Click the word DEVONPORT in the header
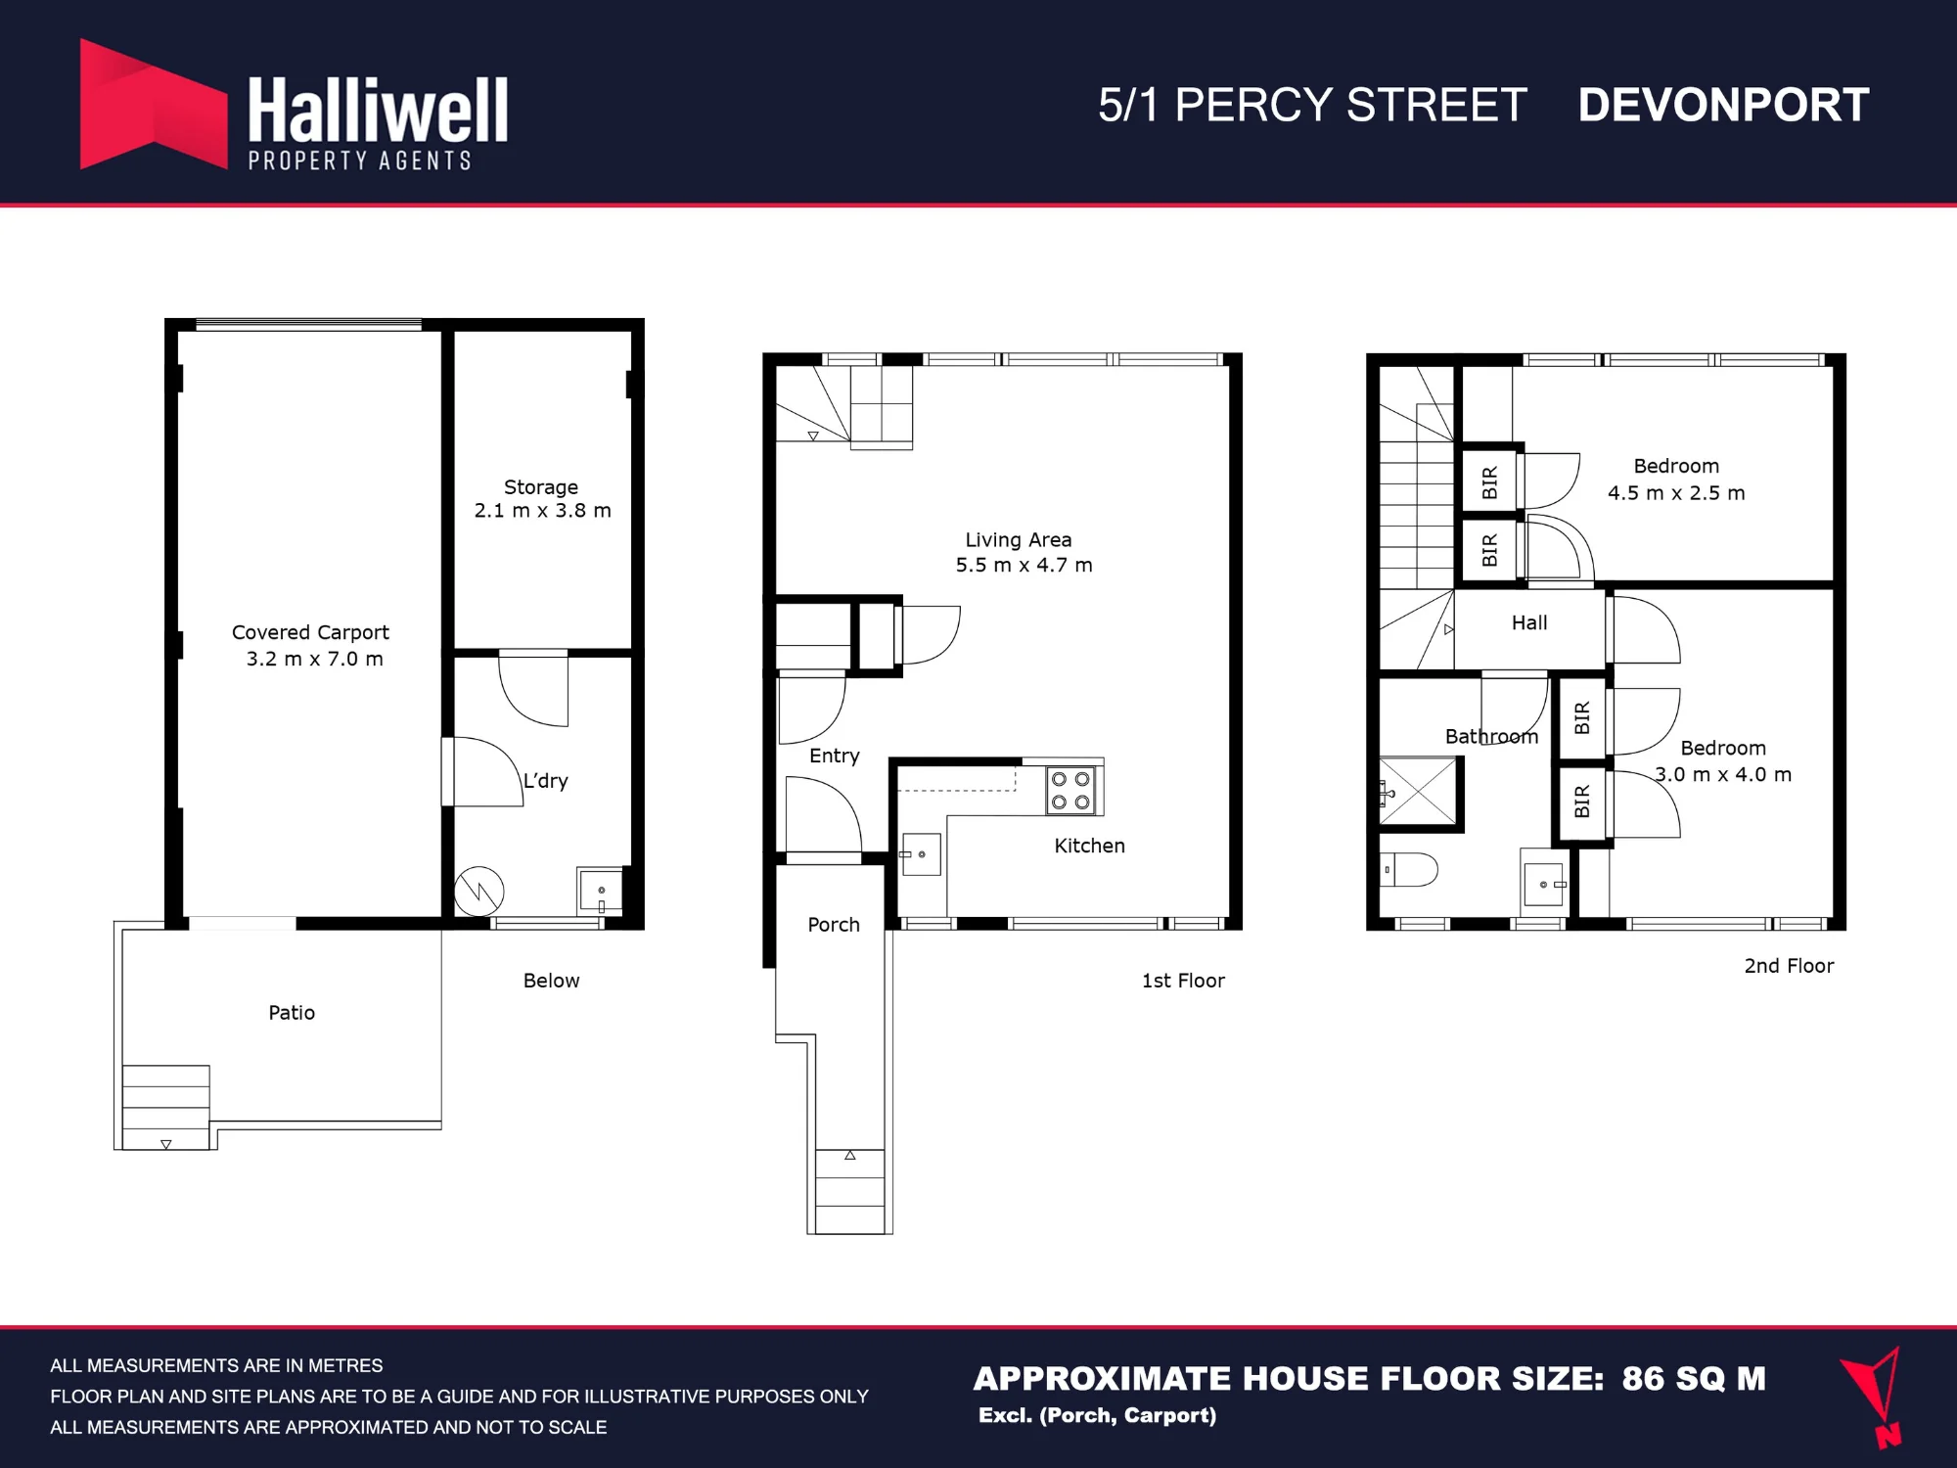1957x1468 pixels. pyautogui.click(x=1723, y=105)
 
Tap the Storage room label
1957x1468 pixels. pyautogui.click(x=542, y=498)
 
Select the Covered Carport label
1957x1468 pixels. pyautogui.click(x=311, y=645)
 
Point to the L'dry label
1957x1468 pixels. pyautogui.click(x=545, y=780)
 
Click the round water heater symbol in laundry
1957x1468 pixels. pyautogui.click(x=479, y=892)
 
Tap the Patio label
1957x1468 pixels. pyautogui.click(x=292, y=1012)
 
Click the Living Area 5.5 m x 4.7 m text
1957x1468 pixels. pyautogui.click(x=1024, y=552)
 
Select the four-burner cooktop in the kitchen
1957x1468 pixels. pyautogui.click(x=1071, y=791)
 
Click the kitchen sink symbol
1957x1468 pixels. pyautogui.click(x=921, y=854)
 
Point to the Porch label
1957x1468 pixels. pyautogui.click(x=834, y=924)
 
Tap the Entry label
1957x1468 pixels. pyautogui.click(x=835, y=756)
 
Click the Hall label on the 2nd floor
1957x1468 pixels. pyautogui.click(x=1529, y=622)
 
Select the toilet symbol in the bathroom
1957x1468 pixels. pyautogui.click(x=1408, y=869)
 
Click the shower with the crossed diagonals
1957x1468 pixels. pyautogui.click(x=1418, y=792)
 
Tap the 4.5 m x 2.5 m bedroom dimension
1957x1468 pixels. pyautogui.click(x=1676, y=492)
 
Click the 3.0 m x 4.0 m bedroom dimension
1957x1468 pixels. pyautogui.click(x=1723, y=774)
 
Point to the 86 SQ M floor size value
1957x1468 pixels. pyautogui.click(x=1694, y=1378)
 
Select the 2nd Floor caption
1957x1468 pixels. pyautogui.click(x=1789, y=965)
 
